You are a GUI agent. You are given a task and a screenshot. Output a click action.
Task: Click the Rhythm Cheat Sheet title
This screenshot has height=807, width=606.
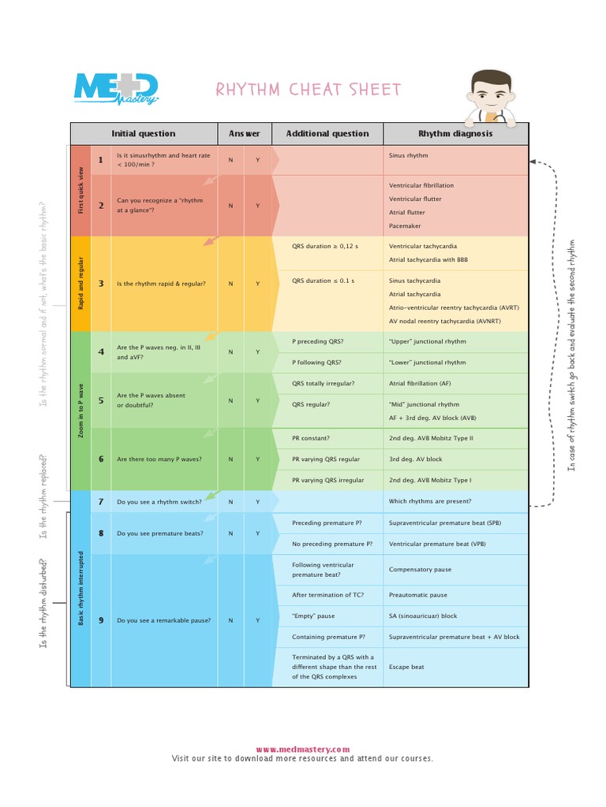pos(309,90)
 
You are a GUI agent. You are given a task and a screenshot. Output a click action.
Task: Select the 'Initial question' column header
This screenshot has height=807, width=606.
pos(144,134)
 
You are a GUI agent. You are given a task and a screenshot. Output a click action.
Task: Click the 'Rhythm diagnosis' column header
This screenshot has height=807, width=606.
pos(455,134)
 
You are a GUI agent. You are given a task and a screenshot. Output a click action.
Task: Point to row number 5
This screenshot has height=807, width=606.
pos(101,400)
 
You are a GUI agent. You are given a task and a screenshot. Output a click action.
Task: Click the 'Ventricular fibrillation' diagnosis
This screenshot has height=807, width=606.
pos(421,185)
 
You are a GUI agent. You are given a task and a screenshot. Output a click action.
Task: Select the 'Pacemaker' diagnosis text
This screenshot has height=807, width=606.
pos(405,226)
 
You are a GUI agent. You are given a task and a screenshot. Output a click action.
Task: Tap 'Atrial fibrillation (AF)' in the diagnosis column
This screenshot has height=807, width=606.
pos(420,384)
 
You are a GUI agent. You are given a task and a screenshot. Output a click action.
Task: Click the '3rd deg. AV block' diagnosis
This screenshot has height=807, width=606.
pos(416,459)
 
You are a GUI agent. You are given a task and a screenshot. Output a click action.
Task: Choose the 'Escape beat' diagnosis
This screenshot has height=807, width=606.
pos(406,667)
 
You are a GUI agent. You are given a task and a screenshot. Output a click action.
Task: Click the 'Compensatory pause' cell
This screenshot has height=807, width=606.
pos(420,569)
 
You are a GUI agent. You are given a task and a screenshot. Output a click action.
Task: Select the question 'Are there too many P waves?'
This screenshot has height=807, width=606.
pos(159,459)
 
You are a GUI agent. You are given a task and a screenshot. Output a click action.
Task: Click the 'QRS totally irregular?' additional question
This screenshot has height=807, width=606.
pos(324,384)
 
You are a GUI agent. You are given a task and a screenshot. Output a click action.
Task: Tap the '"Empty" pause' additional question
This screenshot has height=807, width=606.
pos(313,616)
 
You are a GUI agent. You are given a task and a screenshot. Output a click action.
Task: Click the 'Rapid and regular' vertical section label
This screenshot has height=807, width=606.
pos(80,284)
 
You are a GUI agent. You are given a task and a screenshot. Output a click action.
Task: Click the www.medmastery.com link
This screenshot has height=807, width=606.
pos(302,749)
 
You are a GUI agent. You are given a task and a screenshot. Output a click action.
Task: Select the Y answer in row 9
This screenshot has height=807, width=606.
pos(257,620)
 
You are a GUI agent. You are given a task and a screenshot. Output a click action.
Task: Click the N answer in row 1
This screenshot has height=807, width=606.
pos(230,160)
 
